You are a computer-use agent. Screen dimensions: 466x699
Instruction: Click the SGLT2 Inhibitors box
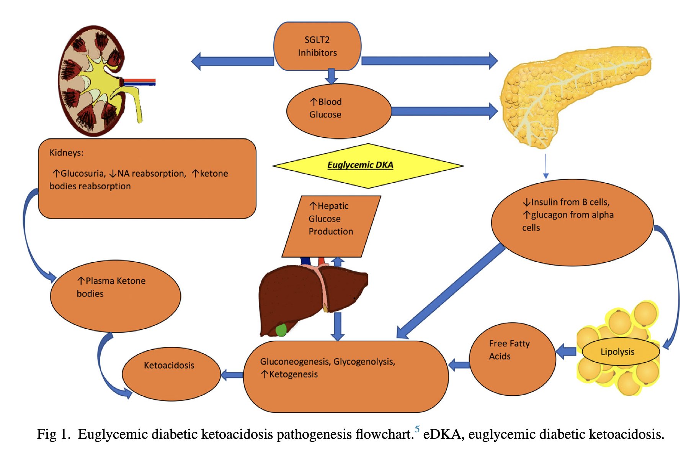317,46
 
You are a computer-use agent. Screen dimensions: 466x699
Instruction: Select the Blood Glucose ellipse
339,111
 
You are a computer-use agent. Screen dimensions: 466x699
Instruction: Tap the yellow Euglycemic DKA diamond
367,166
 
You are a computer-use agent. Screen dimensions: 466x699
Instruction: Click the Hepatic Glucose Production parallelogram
331,226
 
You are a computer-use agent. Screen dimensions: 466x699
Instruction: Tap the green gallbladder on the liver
281,330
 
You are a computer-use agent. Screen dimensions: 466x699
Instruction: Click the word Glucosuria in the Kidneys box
83,174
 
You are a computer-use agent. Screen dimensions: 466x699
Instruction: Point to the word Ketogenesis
293,374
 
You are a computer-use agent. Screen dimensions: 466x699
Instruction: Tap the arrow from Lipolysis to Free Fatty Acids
566,351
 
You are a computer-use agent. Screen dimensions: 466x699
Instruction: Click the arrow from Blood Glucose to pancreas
444,111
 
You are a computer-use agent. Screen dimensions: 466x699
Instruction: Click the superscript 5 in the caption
417,429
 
